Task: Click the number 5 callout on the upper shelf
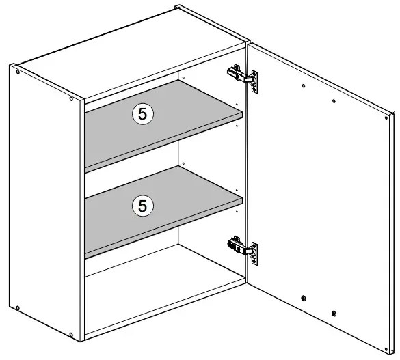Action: click(x=143, y=114)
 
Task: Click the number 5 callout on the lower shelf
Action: click(x=143, y=206)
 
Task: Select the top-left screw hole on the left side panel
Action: click(x=18, y=72)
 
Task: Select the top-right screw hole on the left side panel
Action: click(x=71, y=98)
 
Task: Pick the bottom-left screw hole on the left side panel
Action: click(x=18, y=308)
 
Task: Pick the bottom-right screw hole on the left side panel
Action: click(x=71, y=335)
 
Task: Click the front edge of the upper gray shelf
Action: click(x=163, y=143)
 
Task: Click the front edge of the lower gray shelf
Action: click(x=163, y=229)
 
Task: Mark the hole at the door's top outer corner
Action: click(x=386, y=117)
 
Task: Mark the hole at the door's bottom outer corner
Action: click(x=386, y=349)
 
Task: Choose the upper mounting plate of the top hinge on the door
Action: click(x=254, y=82)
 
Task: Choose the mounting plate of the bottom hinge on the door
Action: click(x=254, y=253)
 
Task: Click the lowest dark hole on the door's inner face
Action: click(x=334, y=314)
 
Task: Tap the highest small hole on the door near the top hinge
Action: click(x=304, y=86)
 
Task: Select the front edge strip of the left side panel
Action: click(x=82, y=221)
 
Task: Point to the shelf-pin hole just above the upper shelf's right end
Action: click(x=237, y=105)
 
